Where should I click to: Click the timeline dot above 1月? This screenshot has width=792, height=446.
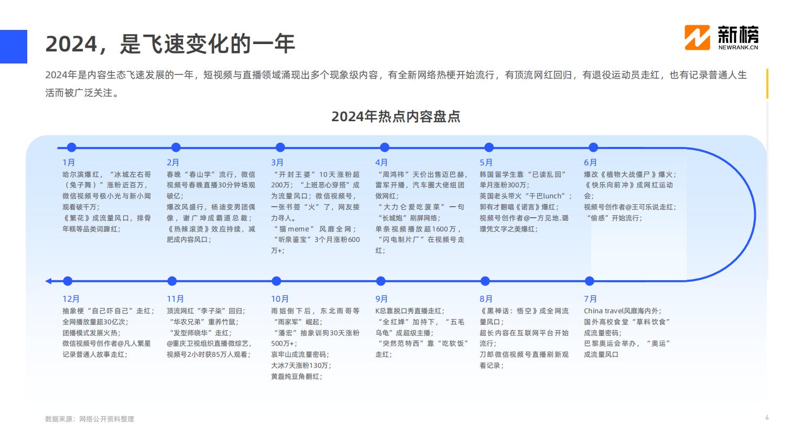pyautogui.click(x=71, y=147)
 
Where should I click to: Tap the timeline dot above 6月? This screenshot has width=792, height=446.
pyautogui.click(x=593, y=147)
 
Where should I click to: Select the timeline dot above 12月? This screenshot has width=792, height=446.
pyautogui.click(x=68, y=281)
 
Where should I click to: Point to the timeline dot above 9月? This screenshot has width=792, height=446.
pyautogui.click(x=381, y=281)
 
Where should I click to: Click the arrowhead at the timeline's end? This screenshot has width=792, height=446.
pyautogui.click(x=48, y=281)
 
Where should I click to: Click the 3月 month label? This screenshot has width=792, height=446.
pyautogui.click(x=277, y=163)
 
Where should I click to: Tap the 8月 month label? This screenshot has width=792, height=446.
pyautogui.click(x=486, y=299)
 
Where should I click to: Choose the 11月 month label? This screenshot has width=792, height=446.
pyautogui.click(x=176, y=299)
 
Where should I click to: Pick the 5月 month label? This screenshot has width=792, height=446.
pyautogui.click(x=486, y=163)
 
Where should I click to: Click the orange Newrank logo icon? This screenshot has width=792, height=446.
pyautogui.click(x=697, y=38)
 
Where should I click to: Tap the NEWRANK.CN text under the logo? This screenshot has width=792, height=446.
pyautogui.click(x=738, y=47)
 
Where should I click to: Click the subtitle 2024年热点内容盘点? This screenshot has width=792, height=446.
pyautogui.click(x=396, y=116)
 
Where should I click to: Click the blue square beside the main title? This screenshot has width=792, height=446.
pyautogui.click(x=14, y=47)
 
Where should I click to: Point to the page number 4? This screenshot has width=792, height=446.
pyautogui.click(x=767, y=418)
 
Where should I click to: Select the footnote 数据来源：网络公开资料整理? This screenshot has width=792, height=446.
pyautogui.click(x=90, y=419)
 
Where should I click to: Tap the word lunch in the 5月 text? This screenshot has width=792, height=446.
pyautogui.click(x=552, y=196)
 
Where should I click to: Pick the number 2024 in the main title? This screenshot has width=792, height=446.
pyautogui.click(x=71, y=44)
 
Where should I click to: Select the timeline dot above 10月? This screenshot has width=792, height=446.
pyautogui.click(x=276, y=281)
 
